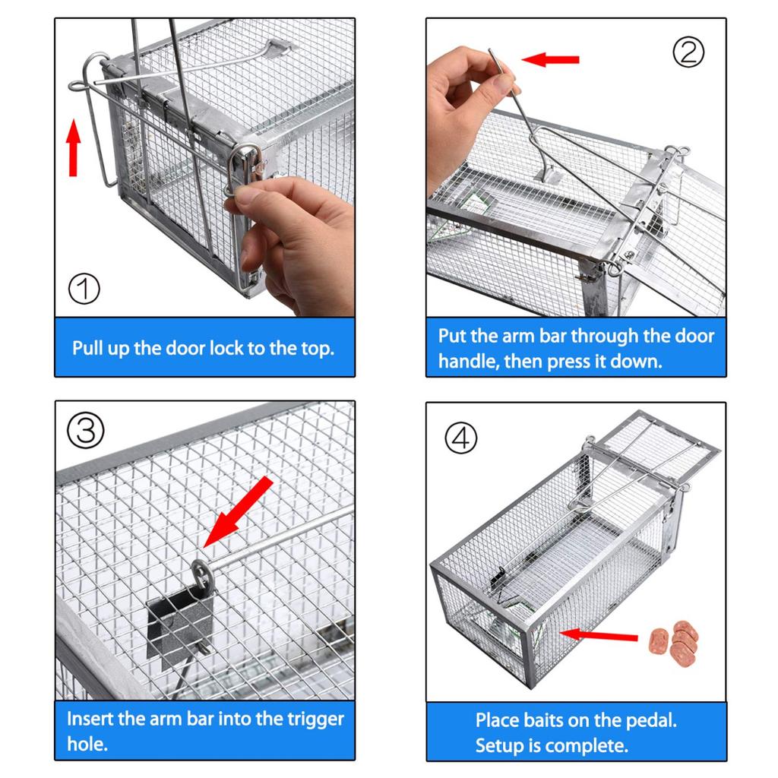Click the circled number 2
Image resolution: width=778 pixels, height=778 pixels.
[688, 52]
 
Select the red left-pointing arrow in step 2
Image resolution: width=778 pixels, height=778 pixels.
[551, 59]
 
